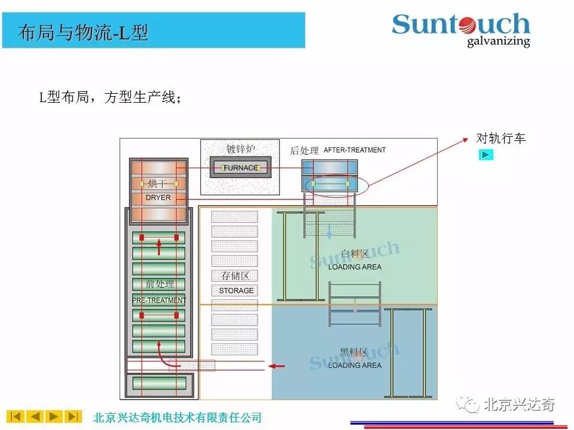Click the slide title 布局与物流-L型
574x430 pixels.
point(83,32)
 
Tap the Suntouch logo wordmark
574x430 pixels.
point(461,24)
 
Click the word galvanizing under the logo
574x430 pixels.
point(498,41)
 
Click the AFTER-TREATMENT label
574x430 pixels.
point(355,150)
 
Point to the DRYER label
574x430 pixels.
point(158,197)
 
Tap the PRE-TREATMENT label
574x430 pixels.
point(159,300)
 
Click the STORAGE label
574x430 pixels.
point(236,291)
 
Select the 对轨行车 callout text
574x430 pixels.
point(500,139)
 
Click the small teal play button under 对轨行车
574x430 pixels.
point(487,155)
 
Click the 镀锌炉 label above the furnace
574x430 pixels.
point(240,149)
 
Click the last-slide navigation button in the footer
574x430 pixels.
point(73,416)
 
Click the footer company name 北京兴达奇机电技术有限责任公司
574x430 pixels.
point(178,417)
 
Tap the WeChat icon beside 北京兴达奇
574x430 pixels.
point(469,405)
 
